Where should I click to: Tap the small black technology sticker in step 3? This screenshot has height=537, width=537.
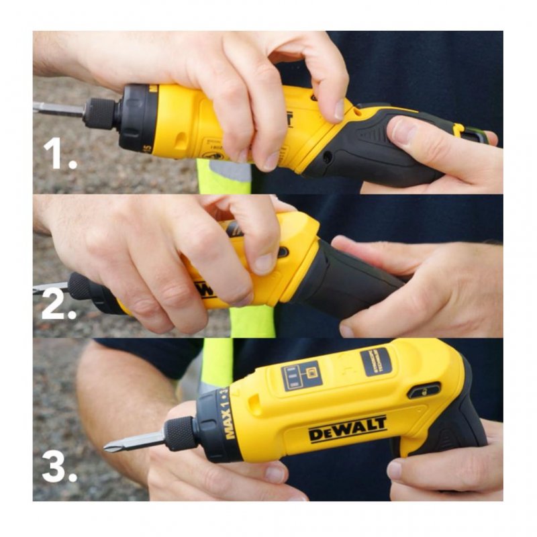pos(376,361)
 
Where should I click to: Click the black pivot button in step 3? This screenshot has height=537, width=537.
pos(424,391)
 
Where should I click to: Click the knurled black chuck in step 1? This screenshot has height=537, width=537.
pos(101,113)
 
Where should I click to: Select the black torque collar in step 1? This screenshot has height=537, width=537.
pos(138,117)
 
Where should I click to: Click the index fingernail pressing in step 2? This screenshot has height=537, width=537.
pos(263,264)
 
